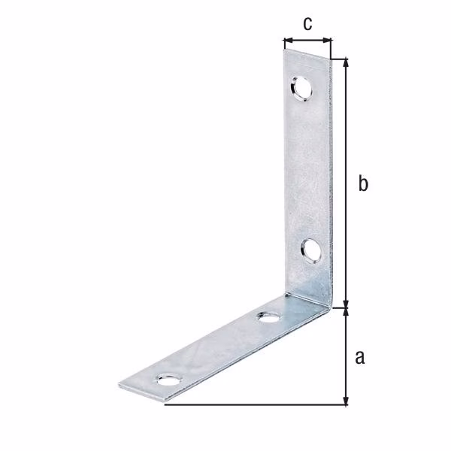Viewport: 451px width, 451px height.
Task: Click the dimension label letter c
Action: [307, 23]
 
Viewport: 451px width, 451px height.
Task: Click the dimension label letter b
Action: [363, 183]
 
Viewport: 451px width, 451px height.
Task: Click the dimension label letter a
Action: [360, 358]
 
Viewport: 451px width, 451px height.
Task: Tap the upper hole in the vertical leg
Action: [301, 89]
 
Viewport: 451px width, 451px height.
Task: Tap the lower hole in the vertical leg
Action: [311, 251]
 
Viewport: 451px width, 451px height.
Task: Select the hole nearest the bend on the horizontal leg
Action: [269, 317]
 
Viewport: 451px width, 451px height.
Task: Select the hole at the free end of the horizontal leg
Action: [170, 380]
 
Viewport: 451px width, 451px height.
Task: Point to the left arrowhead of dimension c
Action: [288, 40]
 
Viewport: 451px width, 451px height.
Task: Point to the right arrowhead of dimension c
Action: [327, 40]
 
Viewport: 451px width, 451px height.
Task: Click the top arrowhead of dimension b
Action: [347, 63]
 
